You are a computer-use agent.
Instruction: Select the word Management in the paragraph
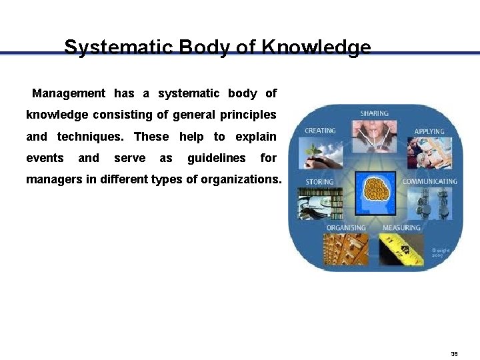[x=69, y=93]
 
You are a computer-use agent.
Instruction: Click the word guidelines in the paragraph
[x=216, y=158]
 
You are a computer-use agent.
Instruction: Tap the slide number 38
[x=454, y=354]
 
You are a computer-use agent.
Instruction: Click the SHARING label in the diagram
[x=374, y=114]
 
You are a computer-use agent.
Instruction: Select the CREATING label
[x=320, y=131]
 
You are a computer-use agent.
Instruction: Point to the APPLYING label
[x=429, y=131]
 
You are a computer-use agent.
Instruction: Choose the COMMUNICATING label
[x=429, y=181]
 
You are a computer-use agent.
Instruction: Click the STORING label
[x=320, y=181]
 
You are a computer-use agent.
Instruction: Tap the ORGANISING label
[x=346, y=228]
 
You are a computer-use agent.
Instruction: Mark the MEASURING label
[x=401, y=228]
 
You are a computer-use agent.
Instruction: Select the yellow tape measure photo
[x=401, y=249]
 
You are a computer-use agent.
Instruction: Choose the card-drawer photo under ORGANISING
[x=346, y=249]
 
